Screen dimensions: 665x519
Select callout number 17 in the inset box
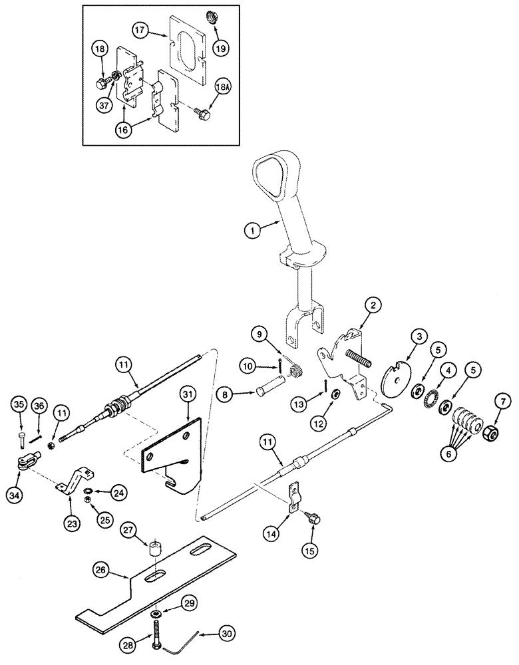139,30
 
